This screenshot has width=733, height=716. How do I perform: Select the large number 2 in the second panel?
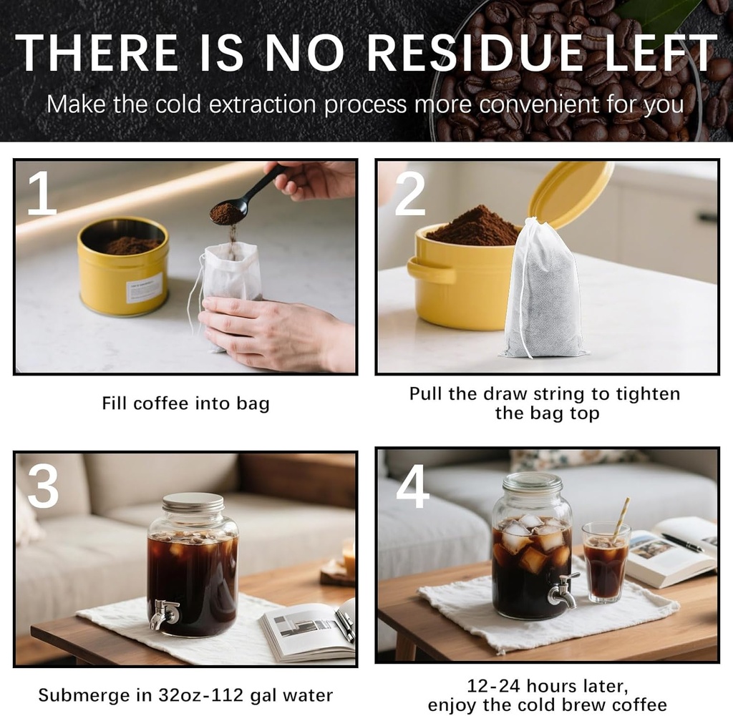[409, 193]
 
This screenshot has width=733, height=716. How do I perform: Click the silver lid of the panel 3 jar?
[193, 502]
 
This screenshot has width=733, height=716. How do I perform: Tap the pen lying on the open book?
[681, 543]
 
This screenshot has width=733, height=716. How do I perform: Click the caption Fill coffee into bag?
[185, 403]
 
